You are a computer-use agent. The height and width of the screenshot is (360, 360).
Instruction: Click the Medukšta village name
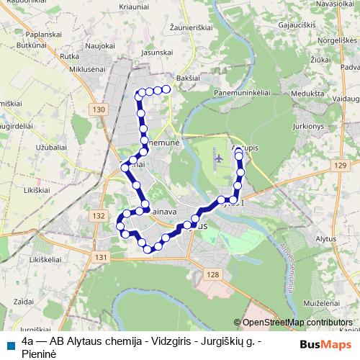(307, 94)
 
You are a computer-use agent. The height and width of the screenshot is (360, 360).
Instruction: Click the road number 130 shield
(99, 109)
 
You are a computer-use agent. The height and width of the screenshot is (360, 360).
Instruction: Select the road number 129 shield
(340, 166)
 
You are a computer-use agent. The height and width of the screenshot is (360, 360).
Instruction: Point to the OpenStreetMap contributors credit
(297, 323)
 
